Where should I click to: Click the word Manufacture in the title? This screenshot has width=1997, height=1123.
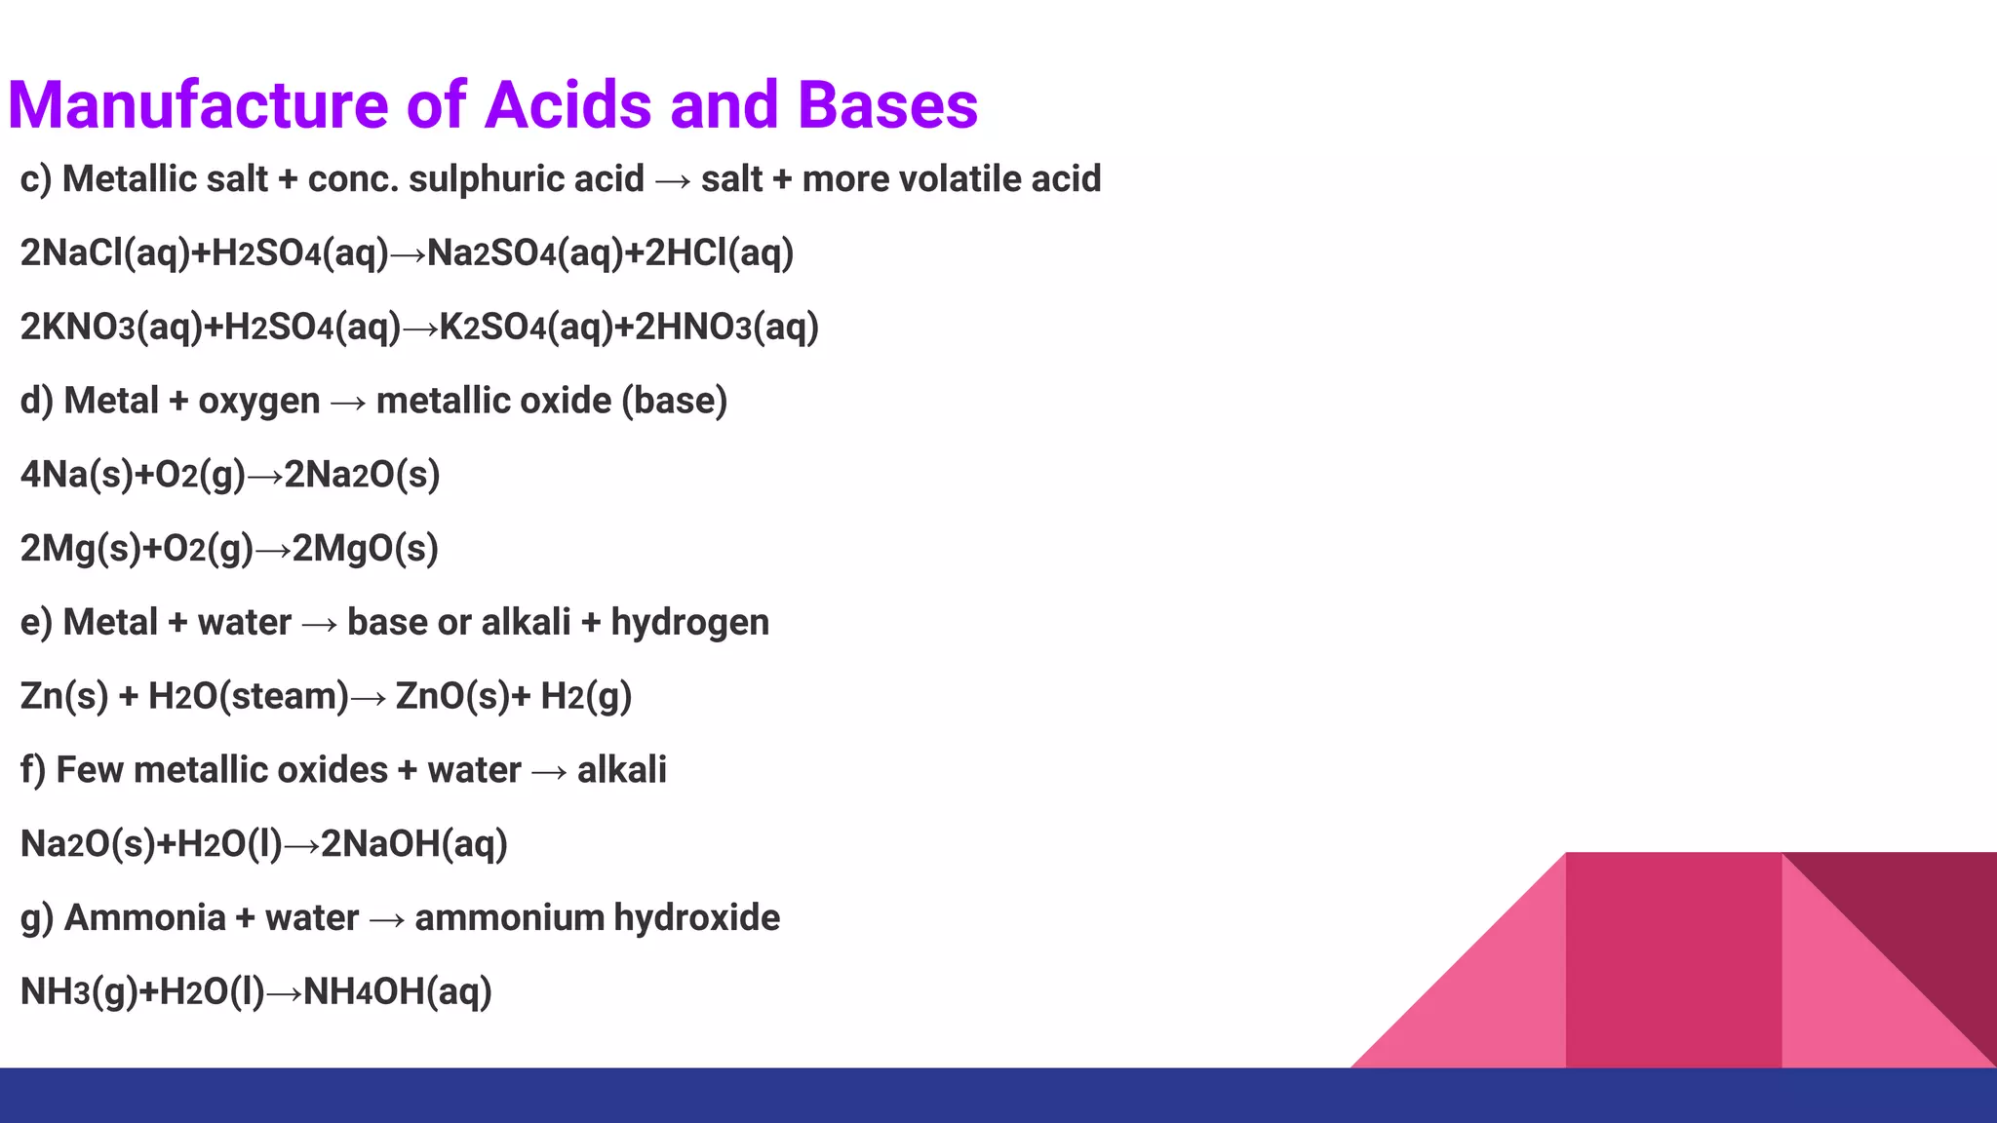[x=198, y=105]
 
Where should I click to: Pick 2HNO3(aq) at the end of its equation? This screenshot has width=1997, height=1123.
[x=726, y=328]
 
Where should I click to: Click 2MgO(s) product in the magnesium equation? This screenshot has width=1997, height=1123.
[x=366, y=549]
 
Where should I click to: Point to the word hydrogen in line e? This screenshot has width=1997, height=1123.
[x=689, y=623]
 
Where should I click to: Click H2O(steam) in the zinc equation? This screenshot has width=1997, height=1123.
[x=249, y=697]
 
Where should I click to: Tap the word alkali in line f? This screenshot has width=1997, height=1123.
[x=621, y=770]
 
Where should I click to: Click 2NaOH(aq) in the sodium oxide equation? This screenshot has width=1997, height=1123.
[x=414, y=844]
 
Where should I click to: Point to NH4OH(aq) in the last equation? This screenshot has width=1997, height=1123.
[x=398, y=992]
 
